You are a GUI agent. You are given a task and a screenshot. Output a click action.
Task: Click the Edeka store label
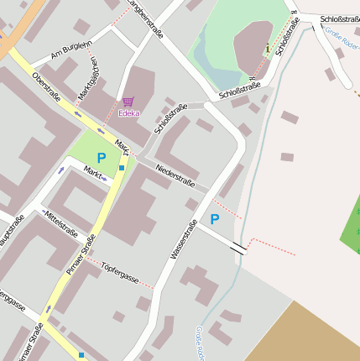128,112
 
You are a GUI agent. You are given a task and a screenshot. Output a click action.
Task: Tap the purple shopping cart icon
128,101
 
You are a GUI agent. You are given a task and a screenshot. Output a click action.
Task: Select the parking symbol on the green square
102,157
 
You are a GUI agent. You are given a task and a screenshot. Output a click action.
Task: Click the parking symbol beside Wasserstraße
214,219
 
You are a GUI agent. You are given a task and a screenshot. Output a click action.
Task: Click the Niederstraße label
175,175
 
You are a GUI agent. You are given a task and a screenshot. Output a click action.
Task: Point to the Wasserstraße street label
184,238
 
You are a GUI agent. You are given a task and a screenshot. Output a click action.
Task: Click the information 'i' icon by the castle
268,48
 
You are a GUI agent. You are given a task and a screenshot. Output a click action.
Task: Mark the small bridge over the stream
239,248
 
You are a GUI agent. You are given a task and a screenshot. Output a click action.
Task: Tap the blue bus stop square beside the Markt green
122,168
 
